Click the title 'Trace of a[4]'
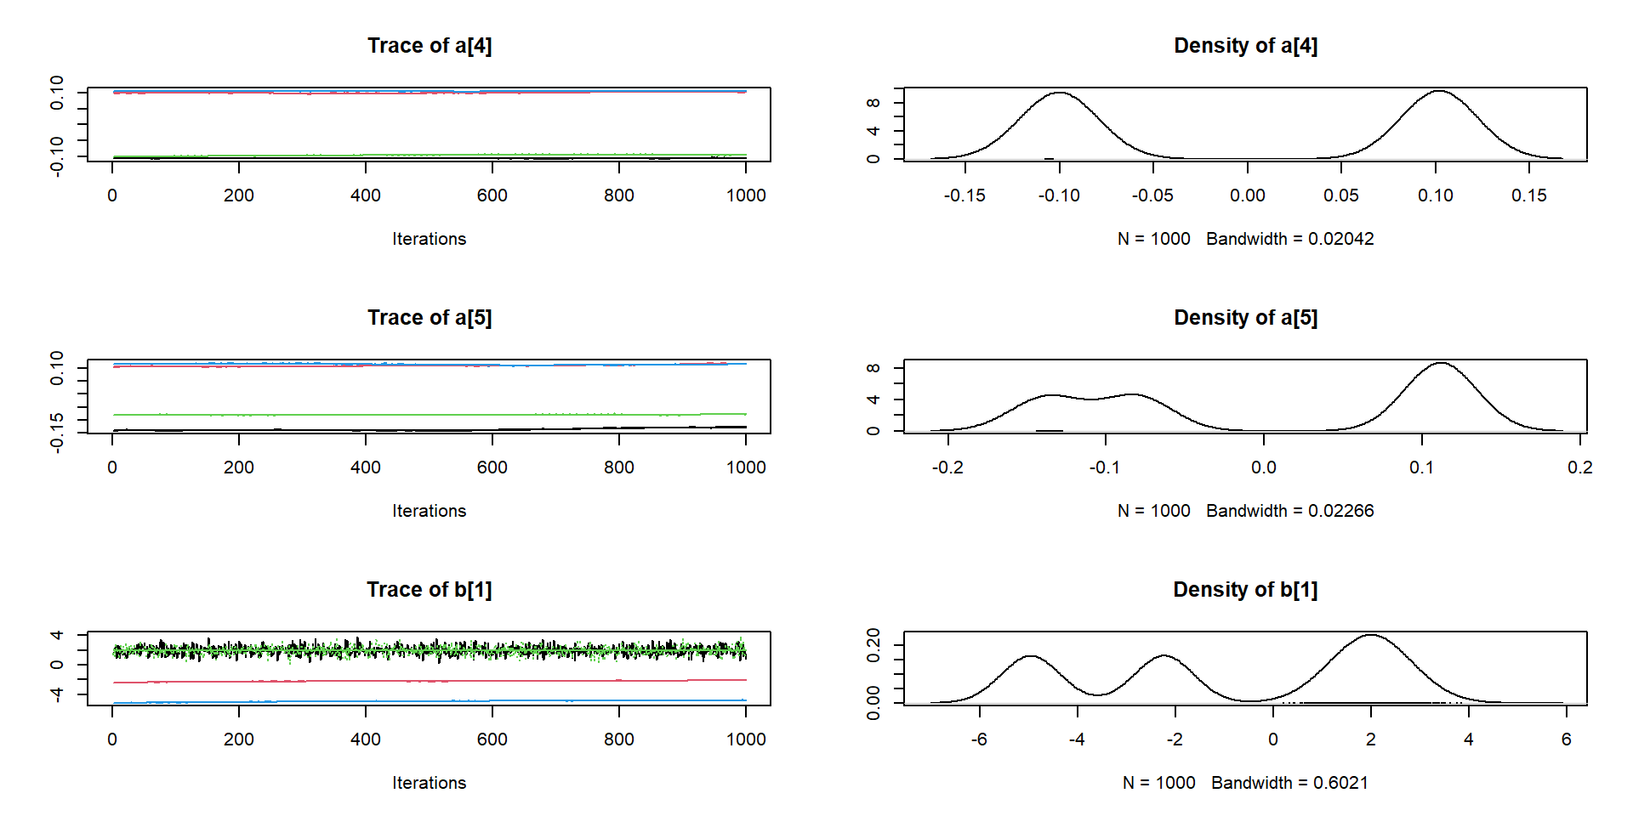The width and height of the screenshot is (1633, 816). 429,46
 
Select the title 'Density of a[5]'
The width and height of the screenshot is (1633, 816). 1245,318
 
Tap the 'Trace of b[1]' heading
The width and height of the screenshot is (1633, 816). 429,590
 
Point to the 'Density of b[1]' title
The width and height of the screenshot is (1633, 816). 1245,590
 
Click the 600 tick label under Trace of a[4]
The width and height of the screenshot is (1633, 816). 492,195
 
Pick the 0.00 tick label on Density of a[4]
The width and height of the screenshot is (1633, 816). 1247,195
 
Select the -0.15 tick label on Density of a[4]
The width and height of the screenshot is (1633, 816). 964,195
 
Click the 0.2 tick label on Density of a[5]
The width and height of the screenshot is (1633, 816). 1579,467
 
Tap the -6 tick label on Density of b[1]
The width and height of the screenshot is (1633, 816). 979,739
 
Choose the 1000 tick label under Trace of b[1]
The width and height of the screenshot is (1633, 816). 746,739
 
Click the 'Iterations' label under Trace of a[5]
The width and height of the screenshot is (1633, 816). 429,511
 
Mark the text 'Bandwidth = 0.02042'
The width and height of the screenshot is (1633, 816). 1289,239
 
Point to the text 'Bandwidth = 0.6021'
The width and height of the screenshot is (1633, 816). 1289,783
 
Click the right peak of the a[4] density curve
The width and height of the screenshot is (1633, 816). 1438,92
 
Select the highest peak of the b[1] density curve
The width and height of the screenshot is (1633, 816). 1371,635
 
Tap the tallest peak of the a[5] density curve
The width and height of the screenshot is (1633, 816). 1441,364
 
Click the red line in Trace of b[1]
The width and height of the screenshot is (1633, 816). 425,681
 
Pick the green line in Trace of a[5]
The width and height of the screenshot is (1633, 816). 425,415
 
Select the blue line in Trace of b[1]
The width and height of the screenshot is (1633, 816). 425,701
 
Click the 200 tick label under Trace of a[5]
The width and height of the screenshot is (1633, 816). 238,467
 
